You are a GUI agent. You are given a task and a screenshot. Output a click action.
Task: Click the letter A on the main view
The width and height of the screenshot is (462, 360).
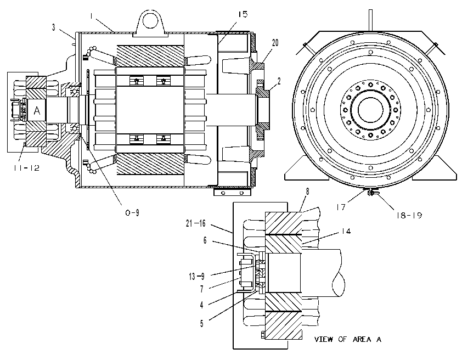(x=37, y=111)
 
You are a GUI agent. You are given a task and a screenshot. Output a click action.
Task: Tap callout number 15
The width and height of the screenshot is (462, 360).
(x=243, y=14)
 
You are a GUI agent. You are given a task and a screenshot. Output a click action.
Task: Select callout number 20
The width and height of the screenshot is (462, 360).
(x=275, y=43)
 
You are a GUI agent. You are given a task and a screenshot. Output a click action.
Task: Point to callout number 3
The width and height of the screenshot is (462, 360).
(x=54, y=27)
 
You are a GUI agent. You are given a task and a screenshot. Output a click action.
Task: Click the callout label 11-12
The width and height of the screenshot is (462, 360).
(x=26, y=168)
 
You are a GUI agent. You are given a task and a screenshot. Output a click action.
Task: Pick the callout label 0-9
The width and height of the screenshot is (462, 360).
(x=132, y=212)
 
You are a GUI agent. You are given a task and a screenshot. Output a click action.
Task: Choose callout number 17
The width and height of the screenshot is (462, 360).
(x=341, y=207)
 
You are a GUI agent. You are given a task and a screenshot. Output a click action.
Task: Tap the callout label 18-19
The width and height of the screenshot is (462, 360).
(x=409, y=215)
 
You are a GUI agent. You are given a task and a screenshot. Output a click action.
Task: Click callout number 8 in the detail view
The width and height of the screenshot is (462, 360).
(x=308, y=192)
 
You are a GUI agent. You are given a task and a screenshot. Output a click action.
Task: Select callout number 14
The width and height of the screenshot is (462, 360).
(x=346, y=231)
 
